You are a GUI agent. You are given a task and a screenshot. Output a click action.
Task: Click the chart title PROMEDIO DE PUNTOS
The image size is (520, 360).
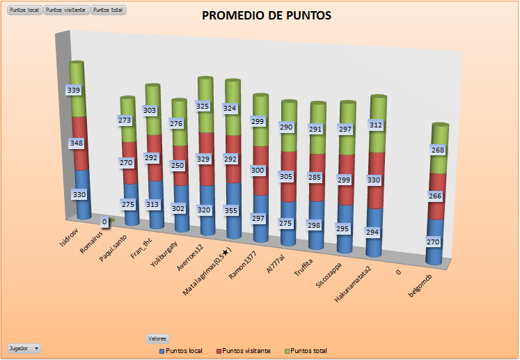[267, 16]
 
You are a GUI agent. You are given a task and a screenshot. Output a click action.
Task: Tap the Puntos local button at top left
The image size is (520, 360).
[24, 10]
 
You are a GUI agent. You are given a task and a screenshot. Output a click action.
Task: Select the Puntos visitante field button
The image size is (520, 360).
[66, 10]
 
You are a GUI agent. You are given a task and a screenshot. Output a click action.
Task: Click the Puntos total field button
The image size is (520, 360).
[108, 10]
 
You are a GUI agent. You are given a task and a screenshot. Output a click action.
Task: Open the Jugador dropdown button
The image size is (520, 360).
[24, 347]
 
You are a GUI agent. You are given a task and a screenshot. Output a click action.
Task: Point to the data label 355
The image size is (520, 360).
[233, 211]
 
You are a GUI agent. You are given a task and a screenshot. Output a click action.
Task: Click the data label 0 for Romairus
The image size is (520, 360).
[105, 222]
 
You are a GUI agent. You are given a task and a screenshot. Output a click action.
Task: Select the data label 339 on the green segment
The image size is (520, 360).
[74, 90]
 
